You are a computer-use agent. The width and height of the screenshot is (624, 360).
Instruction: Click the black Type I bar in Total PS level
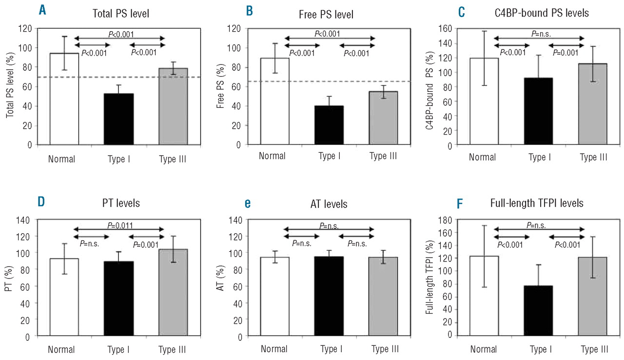119,119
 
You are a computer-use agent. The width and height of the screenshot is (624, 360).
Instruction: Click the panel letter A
43,11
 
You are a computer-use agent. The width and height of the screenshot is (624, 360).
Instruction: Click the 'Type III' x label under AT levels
384,349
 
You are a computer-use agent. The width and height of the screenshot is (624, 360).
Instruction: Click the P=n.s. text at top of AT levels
330,225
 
